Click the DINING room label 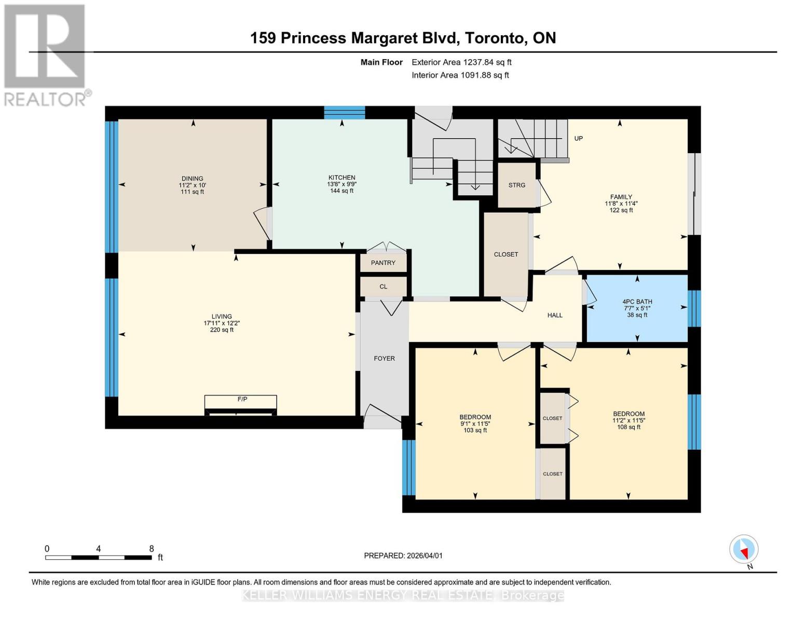[192, 178]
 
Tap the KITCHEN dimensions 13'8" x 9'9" [341, 184]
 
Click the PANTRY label [383, 263]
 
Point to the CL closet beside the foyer [383, 287]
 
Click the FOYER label [384, 358]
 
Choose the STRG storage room [516, 185]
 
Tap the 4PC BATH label [637, 302]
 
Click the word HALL [555, 315]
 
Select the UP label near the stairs [578, 138]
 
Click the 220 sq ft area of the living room [222, 330]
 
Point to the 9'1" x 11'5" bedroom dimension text [475, 424]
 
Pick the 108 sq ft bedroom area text [629, 427]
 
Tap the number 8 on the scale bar [152, 549]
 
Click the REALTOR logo [46, 55]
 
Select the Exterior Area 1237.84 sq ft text [461, 62]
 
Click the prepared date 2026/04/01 [403, 556]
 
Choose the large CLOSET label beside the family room [506, 254]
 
